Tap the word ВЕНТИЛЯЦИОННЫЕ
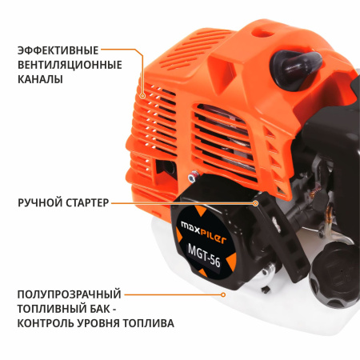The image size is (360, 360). (70, 64)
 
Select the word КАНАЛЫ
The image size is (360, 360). (39, 79)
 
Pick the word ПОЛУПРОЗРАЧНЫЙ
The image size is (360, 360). (70, 294)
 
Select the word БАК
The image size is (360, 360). (102, 309)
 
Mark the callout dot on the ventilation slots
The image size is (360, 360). (143, 94)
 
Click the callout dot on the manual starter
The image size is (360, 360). (254, 203)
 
